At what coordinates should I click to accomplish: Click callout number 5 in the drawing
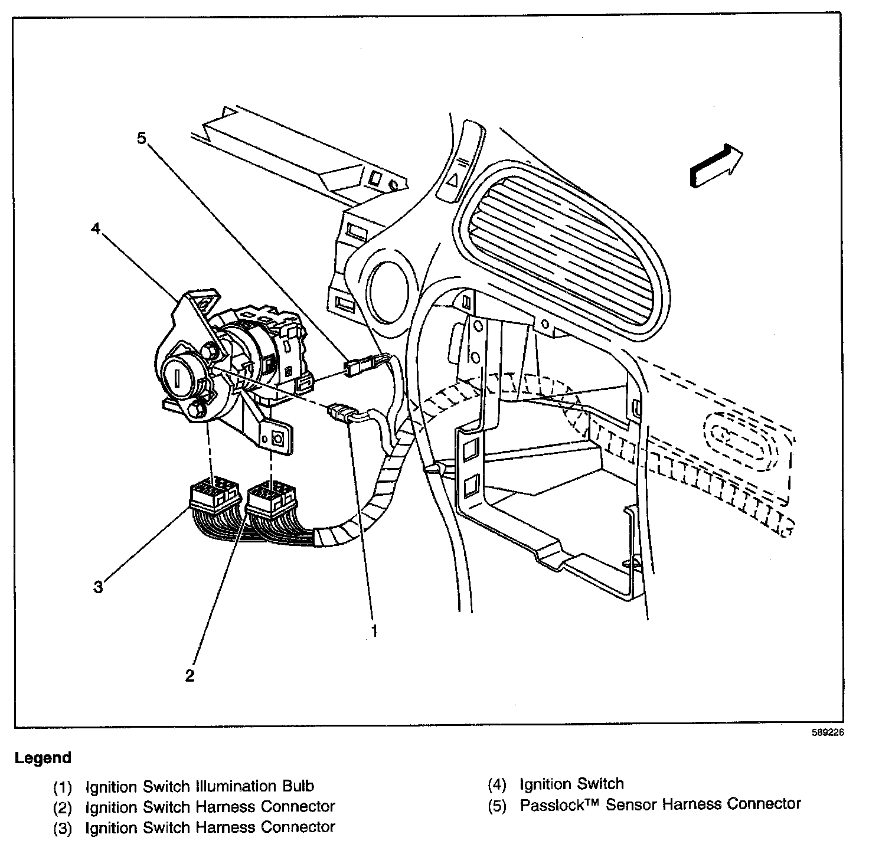[x=141, y=139]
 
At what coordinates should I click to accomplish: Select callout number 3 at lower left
[x=98, y=587]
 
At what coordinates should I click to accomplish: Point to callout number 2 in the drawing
[x=190, y=675]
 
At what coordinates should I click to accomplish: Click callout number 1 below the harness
[x=373, y=631]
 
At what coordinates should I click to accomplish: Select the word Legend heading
[x=43, y=758]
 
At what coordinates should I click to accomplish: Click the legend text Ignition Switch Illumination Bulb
[x=200, y=786]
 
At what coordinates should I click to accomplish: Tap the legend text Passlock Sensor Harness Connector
[x=660, y=804]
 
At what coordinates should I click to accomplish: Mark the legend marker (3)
[x=63, y=829]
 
